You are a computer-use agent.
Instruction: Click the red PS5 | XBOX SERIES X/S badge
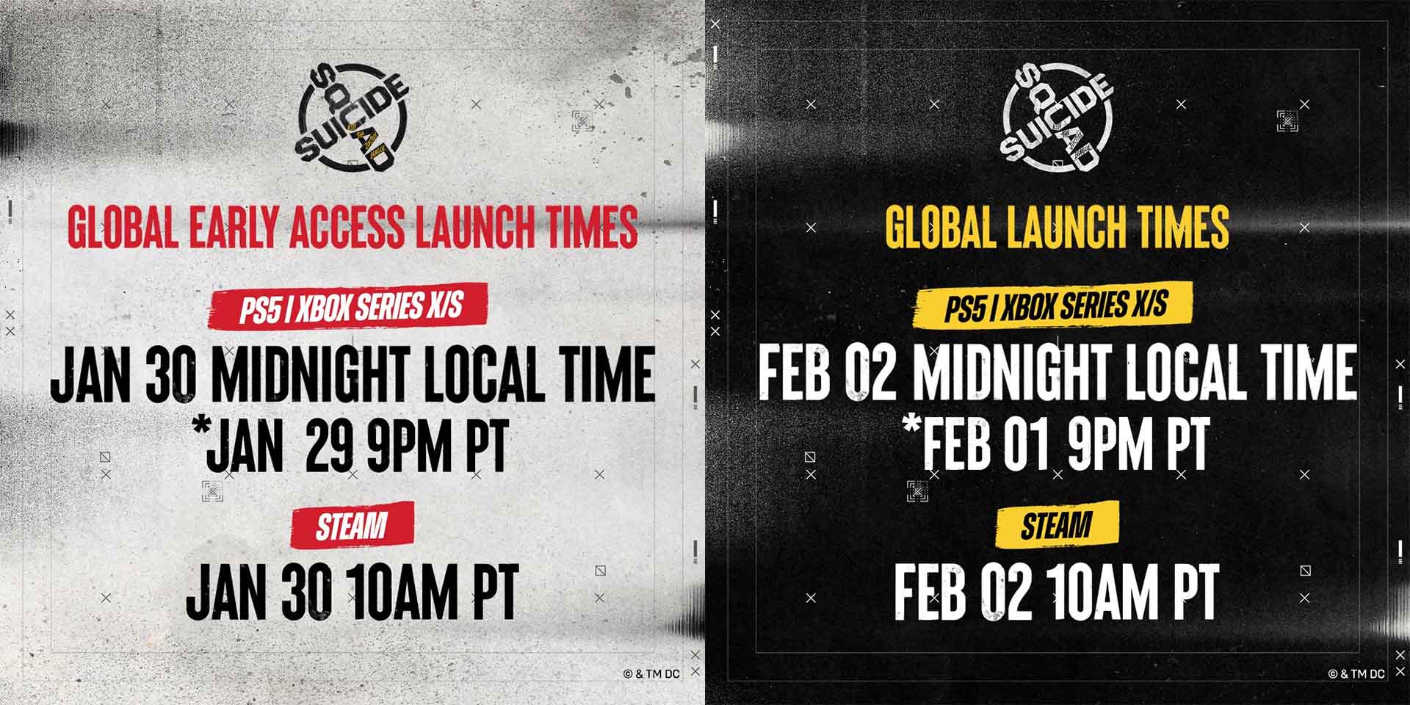tap(351, 305)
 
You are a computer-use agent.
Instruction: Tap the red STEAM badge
tap(352, 525)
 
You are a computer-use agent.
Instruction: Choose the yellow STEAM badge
tap(1057, 525)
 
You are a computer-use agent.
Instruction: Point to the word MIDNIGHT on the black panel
tap(1016, 375)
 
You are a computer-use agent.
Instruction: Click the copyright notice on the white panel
tap(651, 673)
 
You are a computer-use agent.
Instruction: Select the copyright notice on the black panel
tap(1356, 673)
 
